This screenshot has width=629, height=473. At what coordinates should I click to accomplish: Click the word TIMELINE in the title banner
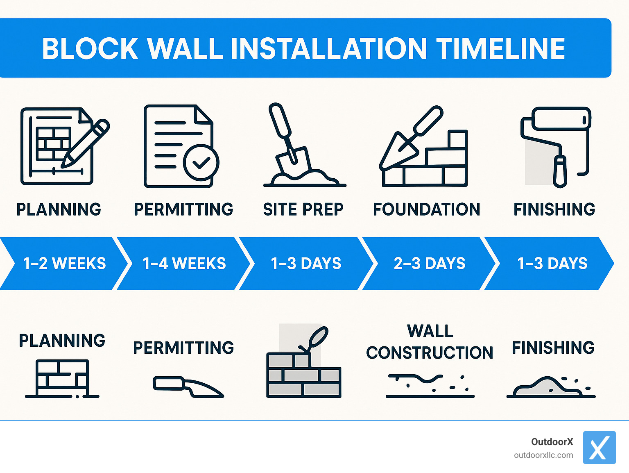coord(500,48)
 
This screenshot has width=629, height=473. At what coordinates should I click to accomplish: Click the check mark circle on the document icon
coord(201,162)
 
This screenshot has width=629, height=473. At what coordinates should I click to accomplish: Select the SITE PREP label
coord(303,209)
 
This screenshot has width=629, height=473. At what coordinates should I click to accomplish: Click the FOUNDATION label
coord(426,209)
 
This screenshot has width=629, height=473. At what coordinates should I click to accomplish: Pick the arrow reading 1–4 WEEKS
coord(184,264)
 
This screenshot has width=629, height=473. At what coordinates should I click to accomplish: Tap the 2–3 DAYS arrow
coord(430,264)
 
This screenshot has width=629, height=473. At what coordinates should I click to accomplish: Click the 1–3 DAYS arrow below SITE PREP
coord(306,264)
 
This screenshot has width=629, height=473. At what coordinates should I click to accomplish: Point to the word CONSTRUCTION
coord(430,352)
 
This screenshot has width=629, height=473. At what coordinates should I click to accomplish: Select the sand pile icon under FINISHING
coord(549,387)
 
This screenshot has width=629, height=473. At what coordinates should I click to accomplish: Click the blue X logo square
coord(599,447)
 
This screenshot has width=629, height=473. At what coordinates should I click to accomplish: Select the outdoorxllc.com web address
coord(543,455)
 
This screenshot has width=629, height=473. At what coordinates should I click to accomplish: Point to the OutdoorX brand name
coord(552,441)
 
